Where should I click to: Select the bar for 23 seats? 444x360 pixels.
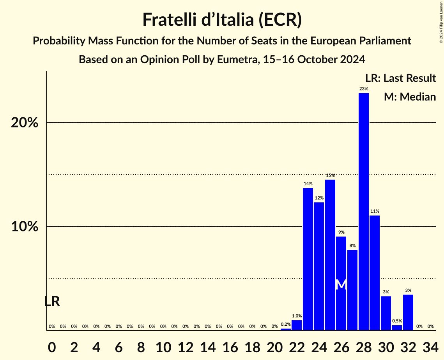tap(308, 259)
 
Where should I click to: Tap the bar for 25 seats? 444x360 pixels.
tap(330, 255)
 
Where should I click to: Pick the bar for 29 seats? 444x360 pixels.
tap(375, 273)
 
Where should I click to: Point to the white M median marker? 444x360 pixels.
tap(341, 284)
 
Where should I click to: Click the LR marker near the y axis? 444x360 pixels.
tap(52, 301)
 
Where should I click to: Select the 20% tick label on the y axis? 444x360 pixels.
tap(25, 123)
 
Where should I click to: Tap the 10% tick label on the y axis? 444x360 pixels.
tap(25, 227)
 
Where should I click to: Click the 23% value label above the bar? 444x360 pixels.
tap(363, 89)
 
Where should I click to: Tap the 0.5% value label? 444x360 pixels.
tap(397, 321)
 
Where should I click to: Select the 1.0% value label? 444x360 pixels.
tap(297, 316)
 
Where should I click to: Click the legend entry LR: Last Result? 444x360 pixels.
tap(400, 78)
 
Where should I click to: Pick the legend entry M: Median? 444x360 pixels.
tap(410, 97)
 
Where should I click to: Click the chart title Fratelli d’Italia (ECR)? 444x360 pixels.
tap(222, 20)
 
